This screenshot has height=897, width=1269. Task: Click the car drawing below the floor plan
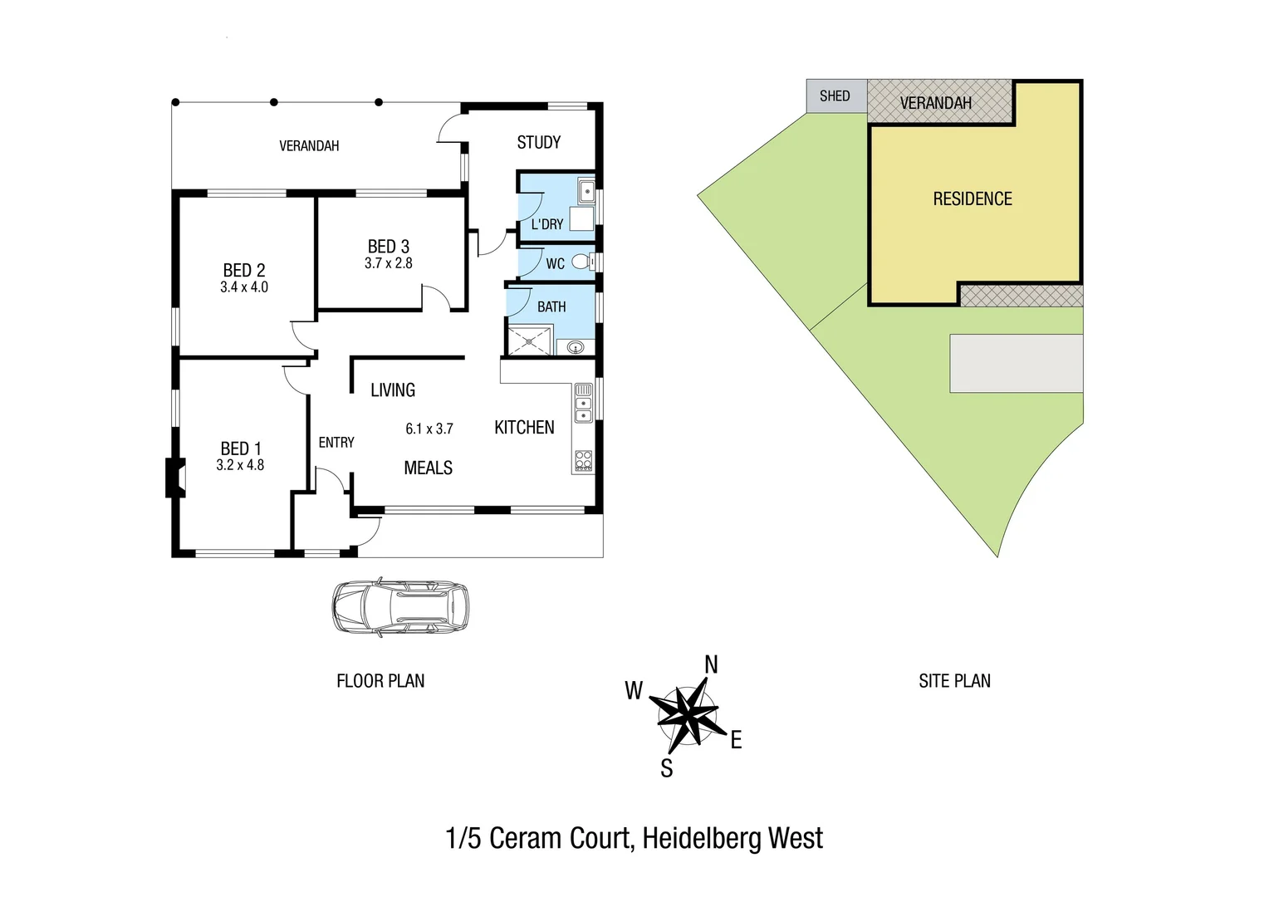click(x=399, y=607)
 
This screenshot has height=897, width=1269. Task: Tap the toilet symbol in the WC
click(x=584, y=262)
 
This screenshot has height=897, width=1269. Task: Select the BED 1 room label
click(x=241, y=448)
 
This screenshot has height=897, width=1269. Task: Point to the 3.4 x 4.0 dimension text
click(x=244, y=287)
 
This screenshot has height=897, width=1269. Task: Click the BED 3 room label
click(x=389, y=247)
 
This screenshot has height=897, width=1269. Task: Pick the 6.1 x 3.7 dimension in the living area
click(x=429, y=429)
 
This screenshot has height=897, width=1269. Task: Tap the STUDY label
click(x=538, y=143)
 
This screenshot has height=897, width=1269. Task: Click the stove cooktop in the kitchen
click(x=583, y=461)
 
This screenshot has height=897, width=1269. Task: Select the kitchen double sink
click(x=583, y=403)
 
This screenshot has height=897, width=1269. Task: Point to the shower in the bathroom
click(x=528, y=341)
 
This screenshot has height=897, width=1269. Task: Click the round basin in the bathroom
click(x=575, y=347)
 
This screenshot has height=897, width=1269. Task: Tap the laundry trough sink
click(x=586, y=192)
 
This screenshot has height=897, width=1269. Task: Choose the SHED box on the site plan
click(x=835, y=96)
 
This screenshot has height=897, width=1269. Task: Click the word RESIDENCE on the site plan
click(x=973, y=199)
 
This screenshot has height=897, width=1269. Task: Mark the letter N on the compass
click(x=711, y=664)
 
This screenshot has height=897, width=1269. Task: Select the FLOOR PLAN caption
click(x=380, y=681)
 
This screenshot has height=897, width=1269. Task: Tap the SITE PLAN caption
click(x=954, y=681)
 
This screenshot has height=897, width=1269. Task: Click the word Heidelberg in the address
click(x=703, y=839)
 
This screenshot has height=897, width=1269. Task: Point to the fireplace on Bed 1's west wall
click(x=174, y=478)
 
